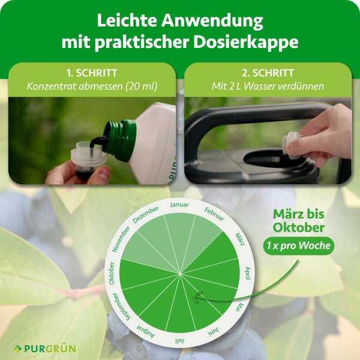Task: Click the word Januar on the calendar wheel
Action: (x=179, y=205)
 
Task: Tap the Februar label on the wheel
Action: (x=214, y=214)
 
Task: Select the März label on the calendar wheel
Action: (x=239, y=238)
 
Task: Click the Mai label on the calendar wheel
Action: (x=240, y=308)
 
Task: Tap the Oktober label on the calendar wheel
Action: (x=112, y=274)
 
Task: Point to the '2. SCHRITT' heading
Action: (x=268, y=73)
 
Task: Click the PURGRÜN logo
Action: (x=46, y=348)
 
